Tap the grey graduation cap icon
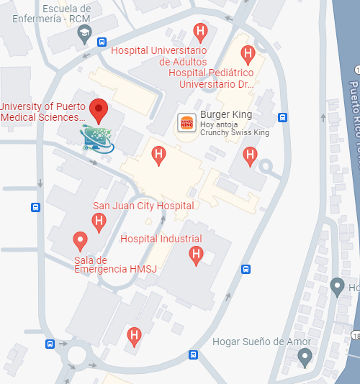point(84,32)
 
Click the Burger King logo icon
point(186,123)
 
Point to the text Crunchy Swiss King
point(235,133)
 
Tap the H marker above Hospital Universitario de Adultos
point(201,31)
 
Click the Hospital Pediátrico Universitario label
point(212,78)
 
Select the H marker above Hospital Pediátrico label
point(248,53)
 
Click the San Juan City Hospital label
point(143,206)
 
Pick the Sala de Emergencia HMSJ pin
point(81,239)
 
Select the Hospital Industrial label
point(161,239)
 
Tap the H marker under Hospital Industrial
point(195,254)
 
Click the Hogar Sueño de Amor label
point(263,342)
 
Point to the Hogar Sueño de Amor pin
point(305,356)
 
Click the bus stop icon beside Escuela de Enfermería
point(102,42)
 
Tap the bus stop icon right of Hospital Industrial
point(246,270)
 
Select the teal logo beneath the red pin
point(97,138)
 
